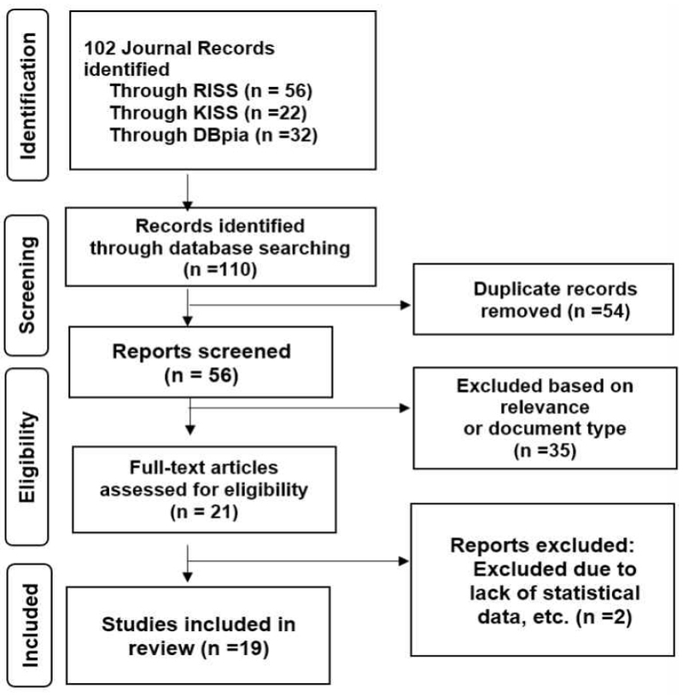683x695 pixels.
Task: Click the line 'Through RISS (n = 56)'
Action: point(203,97)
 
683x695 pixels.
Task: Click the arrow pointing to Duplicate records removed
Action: point(299,302)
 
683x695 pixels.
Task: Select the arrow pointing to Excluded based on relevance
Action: point(299,408)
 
